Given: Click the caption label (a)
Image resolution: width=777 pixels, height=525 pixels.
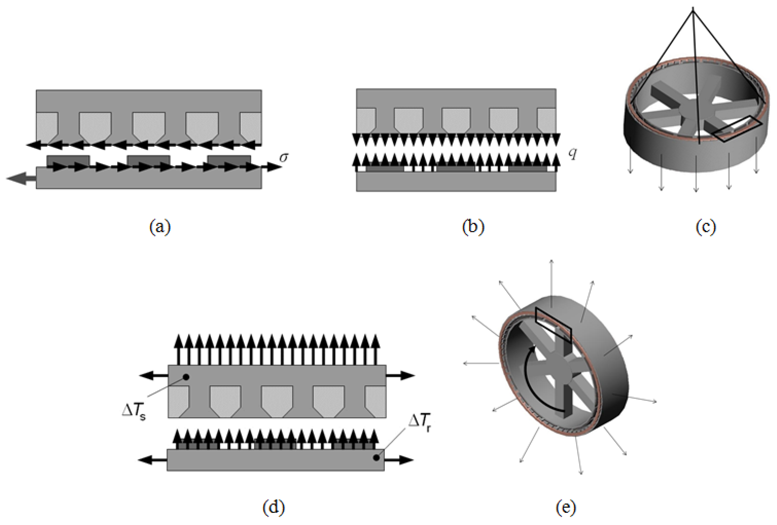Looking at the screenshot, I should tap(160, 227).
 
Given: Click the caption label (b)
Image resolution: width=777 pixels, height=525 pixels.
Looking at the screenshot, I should tap(473, 227).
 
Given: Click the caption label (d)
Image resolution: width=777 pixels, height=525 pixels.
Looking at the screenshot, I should tap(274, 507).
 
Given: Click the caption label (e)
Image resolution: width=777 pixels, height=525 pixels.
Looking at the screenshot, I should tap(566, 507).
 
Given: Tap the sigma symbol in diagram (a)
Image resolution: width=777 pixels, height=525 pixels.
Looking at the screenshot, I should tap(284, 157).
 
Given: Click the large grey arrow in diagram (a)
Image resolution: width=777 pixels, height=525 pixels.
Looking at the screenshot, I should tap(21, 178).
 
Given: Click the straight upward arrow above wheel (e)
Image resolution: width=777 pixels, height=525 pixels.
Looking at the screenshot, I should tap(551, 277).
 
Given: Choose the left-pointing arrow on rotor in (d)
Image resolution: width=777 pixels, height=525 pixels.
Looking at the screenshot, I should tap(153, 460).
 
